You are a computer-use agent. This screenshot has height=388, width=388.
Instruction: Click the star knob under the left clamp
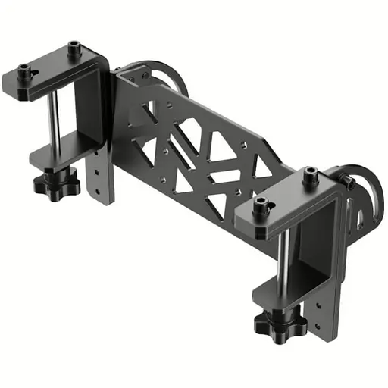[x=55, y=181]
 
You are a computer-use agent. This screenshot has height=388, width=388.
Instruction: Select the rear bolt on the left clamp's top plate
[x=74, y=48]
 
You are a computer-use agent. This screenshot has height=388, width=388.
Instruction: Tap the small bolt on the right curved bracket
[x=349, y=181]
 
